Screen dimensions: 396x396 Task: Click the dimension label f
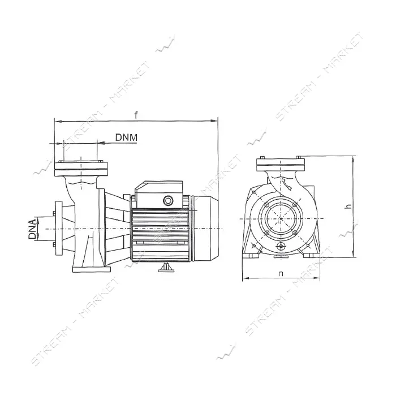pyautogui.click(x=136, y=115)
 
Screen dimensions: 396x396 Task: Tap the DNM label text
pyautogui.click(x=126, y=137)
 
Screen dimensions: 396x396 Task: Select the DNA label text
pyautogui.click(x=32, y=229)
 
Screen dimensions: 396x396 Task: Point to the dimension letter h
pyautogui.click(x=349, y=206)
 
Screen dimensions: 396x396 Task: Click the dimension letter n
pyautogui.click(x=281, y=273)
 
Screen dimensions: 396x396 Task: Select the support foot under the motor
pyautogui.click(x=166, y=267)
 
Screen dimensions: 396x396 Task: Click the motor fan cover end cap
pyautogui.click(x=205, y=229)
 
